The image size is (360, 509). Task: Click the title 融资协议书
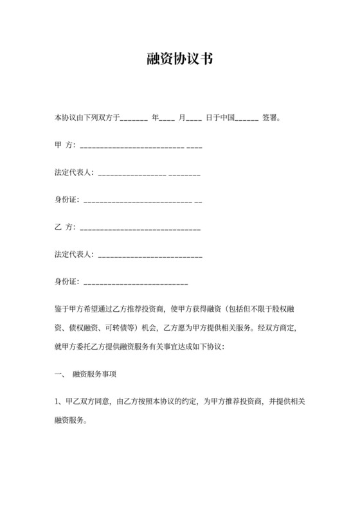tap(179, 60)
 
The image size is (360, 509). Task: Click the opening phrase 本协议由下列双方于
tap(87, 118)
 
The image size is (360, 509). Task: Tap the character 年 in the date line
tap(155, 118)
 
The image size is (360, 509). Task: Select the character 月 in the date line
tap(182, 118)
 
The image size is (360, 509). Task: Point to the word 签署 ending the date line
tap(271, 118)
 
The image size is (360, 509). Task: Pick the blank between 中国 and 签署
tap(247, 119)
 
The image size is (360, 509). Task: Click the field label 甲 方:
tap(65, 146)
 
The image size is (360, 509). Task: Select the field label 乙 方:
tap(65, 228)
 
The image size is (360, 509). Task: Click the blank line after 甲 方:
tap(139, 147)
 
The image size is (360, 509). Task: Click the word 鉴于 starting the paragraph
tap(62, 309)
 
